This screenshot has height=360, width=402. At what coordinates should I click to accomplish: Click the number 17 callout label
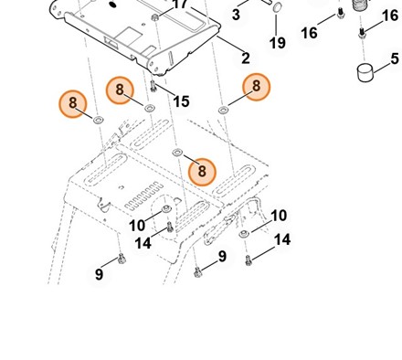point(180,5)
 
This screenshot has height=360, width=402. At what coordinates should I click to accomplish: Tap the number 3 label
point(236,15)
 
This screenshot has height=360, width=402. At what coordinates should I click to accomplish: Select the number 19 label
point(278,43)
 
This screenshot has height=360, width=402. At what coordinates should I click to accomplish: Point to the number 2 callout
point(246,58)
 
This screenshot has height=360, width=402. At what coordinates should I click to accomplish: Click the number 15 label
point(181,101)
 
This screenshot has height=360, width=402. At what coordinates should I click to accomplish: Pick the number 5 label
point(395,58)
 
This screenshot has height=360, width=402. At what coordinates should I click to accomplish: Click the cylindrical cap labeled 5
point(365,72)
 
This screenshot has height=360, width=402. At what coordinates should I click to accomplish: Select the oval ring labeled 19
point(277,7)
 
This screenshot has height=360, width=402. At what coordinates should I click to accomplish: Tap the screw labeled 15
point(153,86)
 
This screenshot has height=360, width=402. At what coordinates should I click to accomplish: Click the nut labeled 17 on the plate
point(155,17)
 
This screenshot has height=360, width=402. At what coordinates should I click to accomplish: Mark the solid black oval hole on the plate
point(113,5)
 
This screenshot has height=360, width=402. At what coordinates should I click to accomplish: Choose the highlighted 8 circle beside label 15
point(120,90)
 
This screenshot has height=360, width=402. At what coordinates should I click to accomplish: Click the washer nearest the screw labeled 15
point(149,108)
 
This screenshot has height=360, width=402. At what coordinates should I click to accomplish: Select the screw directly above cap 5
point(362,33)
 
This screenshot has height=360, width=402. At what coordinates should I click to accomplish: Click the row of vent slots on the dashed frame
point(143,196)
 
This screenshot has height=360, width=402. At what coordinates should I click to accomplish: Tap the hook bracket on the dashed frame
point(104,204)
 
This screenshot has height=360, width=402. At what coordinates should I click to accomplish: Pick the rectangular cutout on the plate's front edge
point(111,41)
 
